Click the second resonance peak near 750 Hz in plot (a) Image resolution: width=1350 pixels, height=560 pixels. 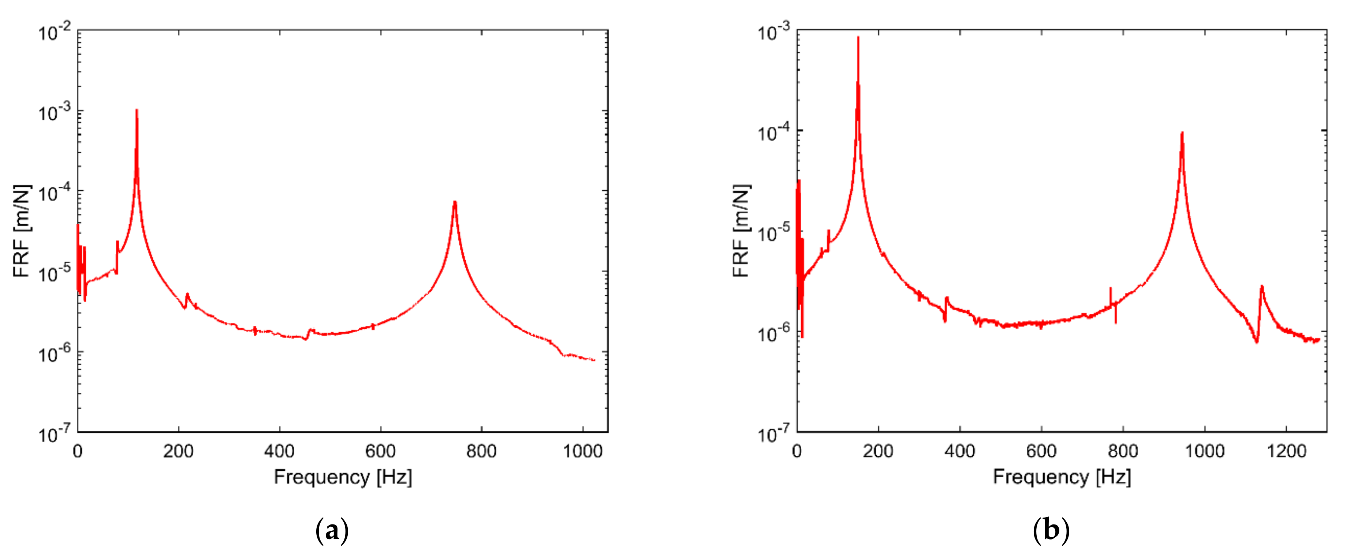(x=455, y=202)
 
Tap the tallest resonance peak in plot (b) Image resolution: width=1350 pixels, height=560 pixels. (x=858, y=38)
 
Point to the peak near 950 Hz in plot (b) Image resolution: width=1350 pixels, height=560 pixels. (x=1182, y=134)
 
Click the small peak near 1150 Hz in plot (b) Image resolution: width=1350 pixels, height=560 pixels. (x=1261, y=287)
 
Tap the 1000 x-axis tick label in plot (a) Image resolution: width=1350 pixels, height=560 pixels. (x=582, y=451)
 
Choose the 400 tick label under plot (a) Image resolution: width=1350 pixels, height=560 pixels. (x=279, y=451)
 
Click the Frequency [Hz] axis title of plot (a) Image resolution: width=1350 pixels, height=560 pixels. (x=343, y=477)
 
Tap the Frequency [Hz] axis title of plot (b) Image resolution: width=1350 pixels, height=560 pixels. (x=1062, y=477)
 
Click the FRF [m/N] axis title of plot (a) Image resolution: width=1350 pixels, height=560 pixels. (x=22, y=231)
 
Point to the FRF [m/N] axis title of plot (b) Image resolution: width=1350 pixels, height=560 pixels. (x=741, y=231)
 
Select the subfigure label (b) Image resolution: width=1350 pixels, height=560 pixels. (x=1051, y=531)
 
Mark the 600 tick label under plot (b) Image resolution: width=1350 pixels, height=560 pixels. (x=1041, y=451)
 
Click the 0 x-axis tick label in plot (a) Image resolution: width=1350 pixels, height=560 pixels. (x=78, y=451)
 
